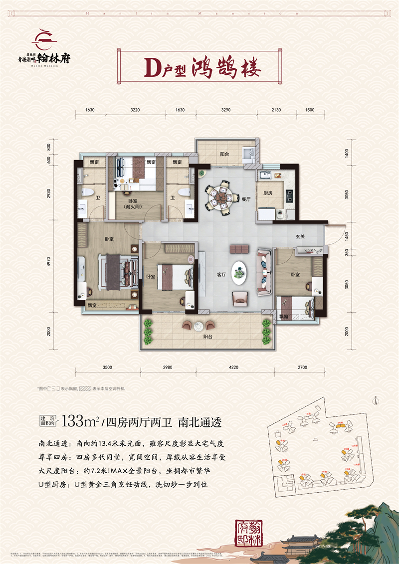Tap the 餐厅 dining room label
[x=245, y=199]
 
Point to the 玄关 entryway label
[x=300, y=237]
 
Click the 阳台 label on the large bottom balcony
[x=208, y=337]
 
